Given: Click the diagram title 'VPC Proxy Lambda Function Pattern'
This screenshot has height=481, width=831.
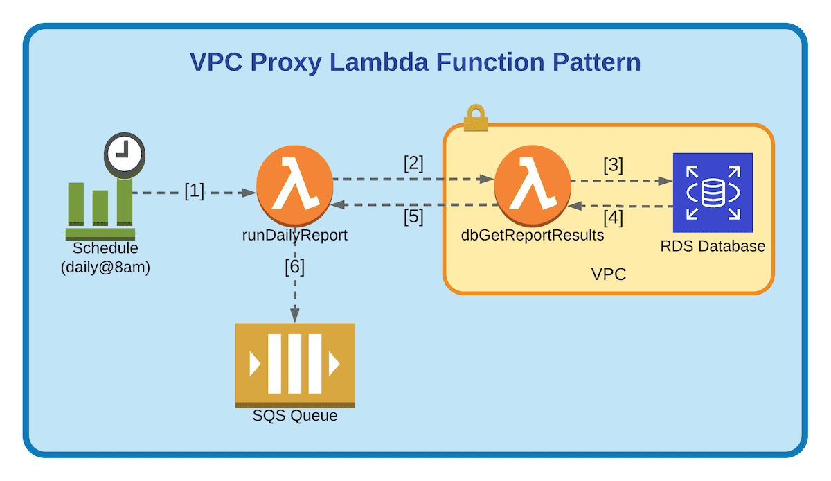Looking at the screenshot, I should pyautogui.click(x=415, y=62).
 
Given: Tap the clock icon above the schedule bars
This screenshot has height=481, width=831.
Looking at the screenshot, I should pyautogui.click(x=125, y=154).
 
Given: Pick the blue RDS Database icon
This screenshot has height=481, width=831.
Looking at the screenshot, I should pyautogui.click(x=713, y=193).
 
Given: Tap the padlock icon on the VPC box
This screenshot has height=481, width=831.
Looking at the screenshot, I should pyautogui.click(x=476, y=118).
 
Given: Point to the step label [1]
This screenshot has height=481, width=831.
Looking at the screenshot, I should pyautogui.click(x=195, y=191).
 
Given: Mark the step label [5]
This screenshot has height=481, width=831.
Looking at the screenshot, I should pyautogui.click(x=413, y=217).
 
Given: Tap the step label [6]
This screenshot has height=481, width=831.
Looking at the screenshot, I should pyautogui.click(x=295, y=267).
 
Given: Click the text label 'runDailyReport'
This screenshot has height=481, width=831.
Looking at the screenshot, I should pyautogui.click(x=295, y=236).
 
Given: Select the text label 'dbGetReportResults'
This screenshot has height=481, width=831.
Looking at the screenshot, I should pyautogui.click(x=532, y=236).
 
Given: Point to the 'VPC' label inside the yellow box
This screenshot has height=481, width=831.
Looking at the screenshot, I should pyautogui.click(x=609, y=274).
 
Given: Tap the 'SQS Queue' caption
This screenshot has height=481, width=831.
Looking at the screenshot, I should pyautogui.click(x=295, y=416).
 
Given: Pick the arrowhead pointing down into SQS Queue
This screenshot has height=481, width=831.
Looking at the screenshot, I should pyautogui.click(x=295, y=316).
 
